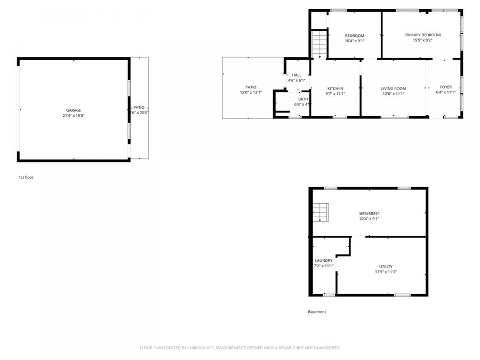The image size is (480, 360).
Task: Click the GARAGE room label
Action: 74,110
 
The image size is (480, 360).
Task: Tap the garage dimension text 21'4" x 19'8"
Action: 74,116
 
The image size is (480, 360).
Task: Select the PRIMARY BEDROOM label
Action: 422,35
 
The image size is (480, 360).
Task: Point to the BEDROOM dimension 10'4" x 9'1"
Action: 355,41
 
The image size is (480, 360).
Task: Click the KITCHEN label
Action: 335,89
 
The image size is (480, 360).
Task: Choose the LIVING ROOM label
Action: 394,89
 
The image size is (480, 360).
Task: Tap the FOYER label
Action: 446,87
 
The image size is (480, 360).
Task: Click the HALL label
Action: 297,75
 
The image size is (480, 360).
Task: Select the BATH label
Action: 303,99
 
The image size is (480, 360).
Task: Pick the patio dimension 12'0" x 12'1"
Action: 251,92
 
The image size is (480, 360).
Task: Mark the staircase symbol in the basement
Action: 320,212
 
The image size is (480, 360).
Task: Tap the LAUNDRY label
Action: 324,261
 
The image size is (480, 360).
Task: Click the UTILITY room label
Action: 386,267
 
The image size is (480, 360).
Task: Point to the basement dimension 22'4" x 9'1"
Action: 369,219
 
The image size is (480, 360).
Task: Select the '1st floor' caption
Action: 26,177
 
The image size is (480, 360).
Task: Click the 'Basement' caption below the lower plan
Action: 317,312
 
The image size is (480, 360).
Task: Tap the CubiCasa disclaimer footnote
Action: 239,348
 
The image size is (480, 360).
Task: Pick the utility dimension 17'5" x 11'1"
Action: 386,272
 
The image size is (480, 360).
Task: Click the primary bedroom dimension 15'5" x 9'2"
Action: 422,41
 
